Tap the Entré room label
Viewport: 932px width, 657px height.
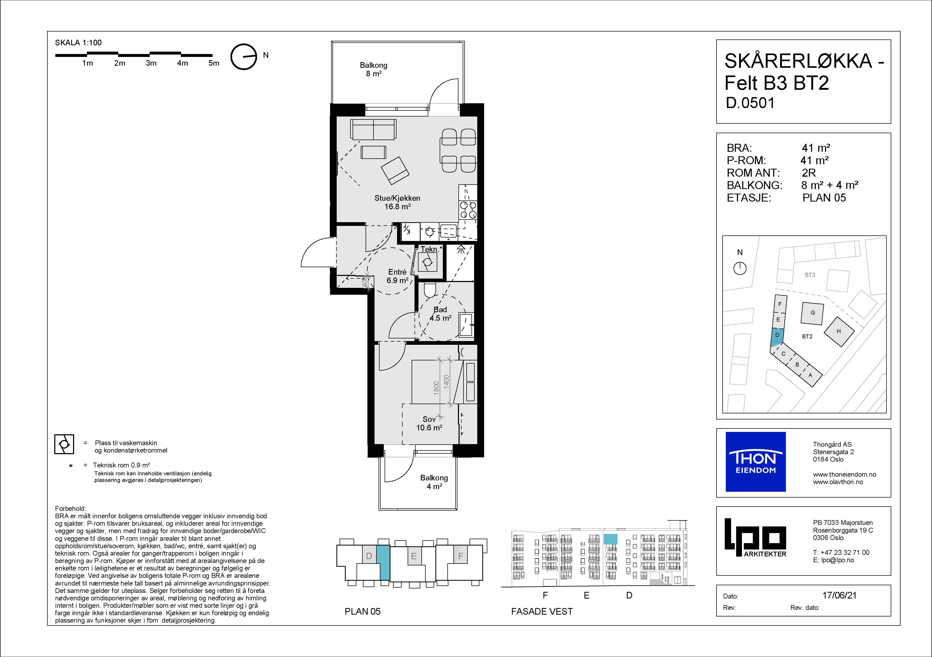pyautogui.click(x=397, y=276)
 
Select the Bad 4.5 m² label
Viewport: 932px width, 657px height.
pyautogui.click(x=440, y=314)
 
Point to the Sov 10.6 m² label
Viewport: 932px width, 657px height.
pyautogui.click(x=429, y=423)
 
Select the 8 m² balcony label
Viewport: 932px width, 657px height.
pyautogui.click(x=373, y=69)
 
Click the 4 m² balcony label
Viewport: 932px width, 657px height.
pyautogui.click(x=434, y=482)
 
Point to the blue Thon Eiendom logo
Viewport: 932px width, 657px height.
pyautogui.click(x=755, y=462)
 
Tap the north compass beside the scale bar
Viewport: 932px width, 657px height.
pyautogui.click(x=244, y=57)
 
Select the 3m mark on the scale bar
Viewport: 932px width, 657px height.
pyautogui.click(x=151, y=63)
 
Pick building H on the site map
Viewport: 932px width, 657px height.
pyautogui.click(x=839, y=331)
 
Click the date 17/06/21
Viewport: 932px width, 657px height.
pyautogui.click(x=839, y=595)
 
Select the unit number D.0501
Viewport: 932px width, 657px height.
pyautogui.click(x=750, y=103)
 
